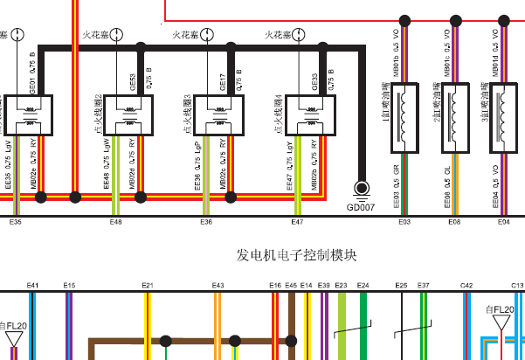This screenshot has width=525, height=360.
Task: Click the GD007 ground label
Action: click(361, 207)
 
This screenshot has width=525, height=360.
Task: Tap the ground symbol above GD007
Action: click(361, 189)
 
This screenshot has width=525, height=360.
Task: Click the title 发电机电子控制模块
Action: click(297, 255)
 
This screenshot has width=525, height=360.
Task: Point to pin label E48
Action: click(115, 223)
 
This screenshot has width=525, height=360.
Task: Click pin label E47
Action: click(297, 223)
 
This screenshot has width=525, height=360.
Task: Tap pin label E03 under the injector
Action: click(404, 223)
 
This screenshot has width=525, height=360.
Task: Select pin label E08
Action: click(454, 223)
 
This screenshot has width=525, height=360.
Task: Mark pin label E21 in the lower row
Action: click(148, 285)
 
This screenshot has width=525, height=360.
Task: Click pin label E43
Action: click(218, 285)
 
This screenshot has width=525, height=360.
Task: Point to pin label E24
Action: click(363, 285)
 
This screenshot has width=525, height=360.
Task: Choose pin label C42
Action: click(466, 285)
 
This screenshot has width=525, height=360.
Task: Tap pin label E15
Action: click(69, 285)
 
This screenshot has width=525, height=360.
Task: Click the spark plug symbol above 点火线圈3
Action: click(208, 35)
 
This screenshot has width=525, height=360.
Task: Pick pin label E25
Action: click(401, 285)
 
